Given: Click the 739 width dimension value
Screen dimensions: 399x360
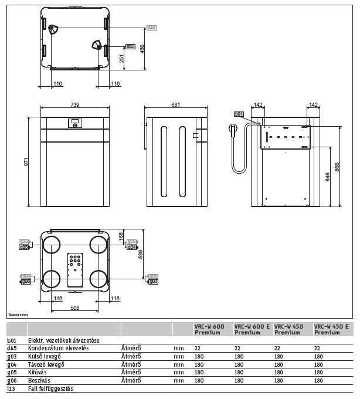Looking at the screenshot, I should [x=75, y=104].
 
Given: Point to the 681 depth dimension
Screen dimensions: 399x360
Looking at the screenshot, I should [x=175, y=104].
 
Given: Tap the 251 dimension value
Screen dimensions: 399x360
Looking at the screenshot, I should [x=121, y=58].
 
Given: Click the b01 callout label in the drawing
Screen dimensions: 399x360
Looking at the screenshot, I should [x=238, y=113].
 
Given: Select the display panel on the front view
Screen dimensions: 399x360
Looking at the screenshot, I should [x=74, y=123].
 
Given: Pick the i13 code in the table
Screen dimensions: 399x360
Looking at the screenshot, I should [x=11, y=388].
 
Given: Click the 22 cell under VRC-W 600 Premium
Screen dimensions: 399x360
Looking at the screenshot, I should [x=197, y=348].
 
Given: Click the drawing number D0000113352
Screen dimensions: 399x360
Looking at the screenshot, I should [x=19, y=315].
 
